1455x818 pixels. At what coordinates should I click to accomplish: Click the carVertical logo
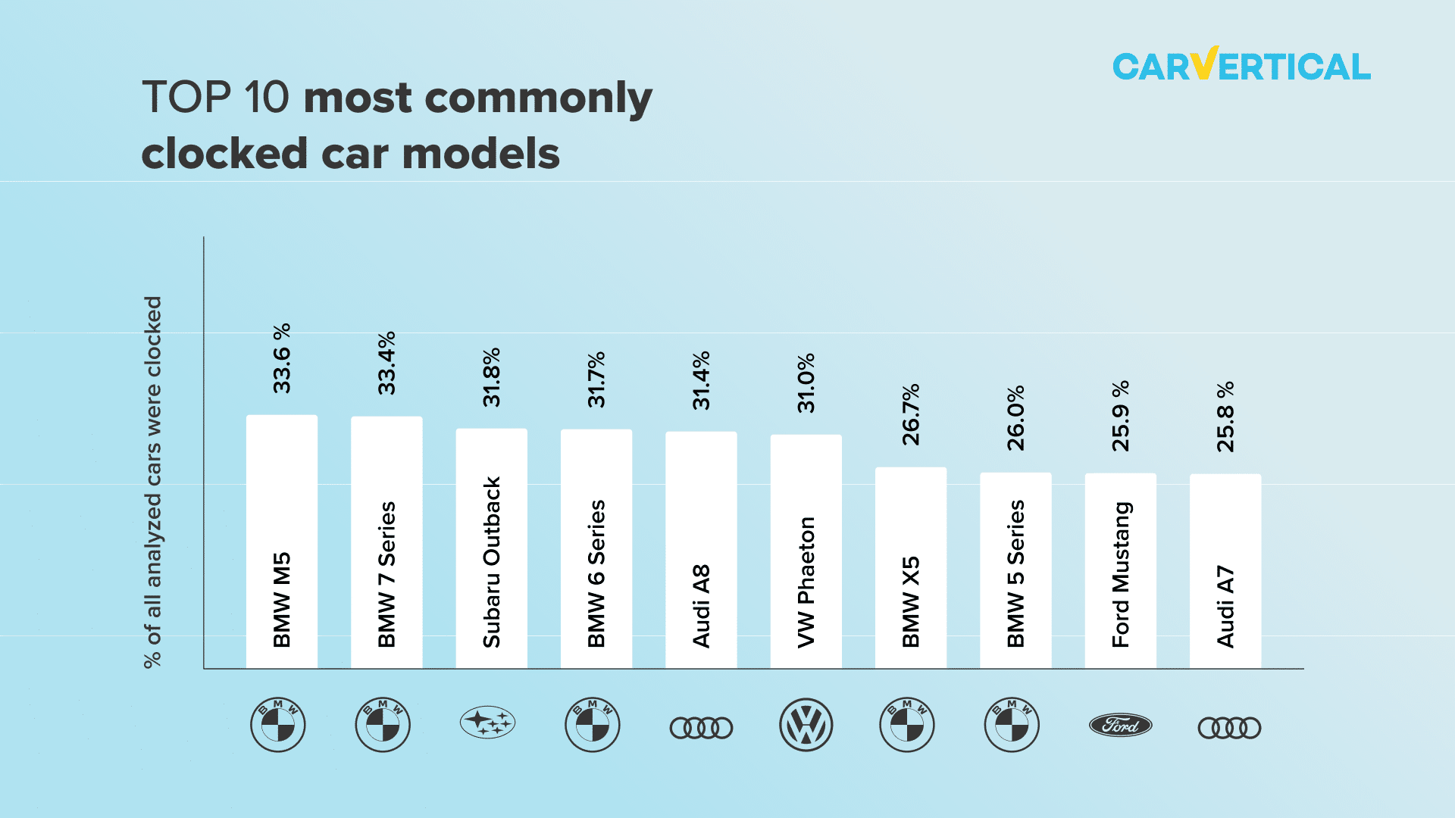[1241, 66]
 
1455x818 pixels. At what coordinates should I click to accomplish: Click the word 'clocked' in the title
[224, 154]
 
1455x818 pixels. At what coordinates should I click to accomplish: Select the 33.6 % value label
[282, 358]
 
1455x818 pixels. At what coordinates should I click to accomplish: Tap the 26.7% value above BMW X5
[911, 414]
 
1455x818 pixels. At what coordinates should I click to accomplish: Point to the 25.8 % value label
[1225, 417]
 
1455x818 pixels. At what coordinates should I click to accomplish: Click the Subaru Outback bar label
[492, 561]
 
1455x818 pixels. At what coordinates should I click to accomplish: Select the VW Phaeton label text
[806, 582]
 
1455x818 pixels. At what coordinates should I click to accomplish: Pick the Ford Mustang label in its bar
[1121, 574]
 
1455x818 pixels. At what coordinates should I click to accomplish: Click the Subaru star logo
[487, 723]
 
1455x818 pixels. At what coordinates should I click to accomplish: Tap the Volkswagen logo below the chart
[806, 725]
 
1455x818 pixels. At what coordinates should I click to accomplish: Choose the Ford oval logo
[1120, 726]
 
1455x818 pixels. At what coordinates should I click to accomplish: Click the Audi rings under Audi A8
[701, 728]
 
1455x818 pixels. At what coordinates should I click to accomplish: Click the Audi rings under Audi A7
[1229, 728]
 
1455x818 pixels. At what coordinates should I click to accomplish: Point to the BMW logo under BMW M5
[278, 725]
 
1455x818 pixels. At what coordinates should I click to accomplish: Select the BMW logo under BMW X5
[907, 725]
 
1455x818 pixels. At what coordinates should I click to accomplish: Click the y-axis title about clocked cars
[153, 482]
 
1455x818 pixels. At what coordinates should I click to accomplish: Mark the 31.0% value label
[806, 382]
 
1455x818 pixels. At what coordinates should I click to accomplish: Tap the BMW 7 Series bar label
[386, 573]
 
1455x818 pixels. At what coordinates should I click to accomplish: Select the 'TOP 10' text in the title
[216, 98]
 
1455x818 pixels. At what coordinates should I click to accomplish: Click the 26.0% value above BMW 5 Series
[1015, 417]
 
